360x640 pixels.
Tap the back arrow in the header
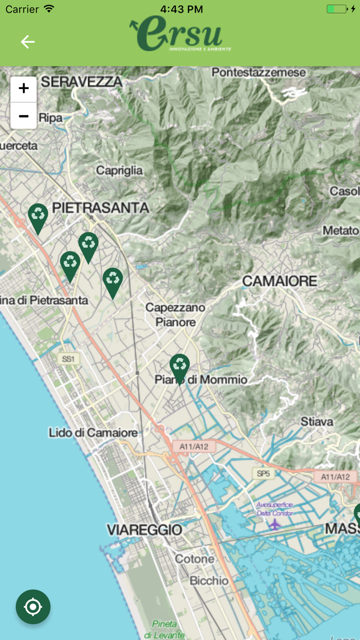coord(28,42)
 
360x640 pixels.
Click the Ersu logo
coord(180,34)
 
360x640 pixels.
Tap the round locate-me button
coord(33,607)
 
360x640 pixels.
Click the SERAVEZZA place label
coord(82,81)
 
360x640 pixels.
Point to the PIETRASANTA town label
coord(101,208)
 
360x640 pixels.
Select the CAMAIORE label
coord(280,281)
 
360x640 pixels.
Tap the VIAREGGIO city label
coord(145,529)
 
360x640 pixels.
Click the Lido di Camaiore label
coord(93,433)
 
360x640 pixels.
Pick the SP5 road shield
coord(263,473)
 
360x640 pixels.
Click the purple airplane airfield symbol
coord(275,524)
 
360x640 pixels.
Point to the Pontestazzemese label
coord(259,73)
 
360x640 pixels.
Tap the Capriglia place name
coord(119,170)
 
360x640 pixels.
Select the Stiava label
coord(317,421)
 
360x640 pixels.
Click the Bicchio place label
coord(209,580)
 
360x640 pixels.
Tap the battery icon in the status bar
coord(337,9)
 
